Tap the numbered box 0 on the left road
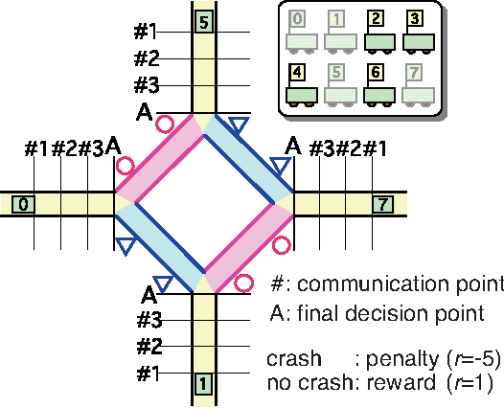point(23,204)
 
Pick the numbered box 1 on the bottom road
point(202,384)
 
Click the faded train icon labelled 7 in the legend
point(419,82)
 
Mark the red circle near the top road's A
point(165,124)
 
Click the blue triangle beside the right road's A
point(280,166)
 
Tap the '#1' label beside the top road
point(147,32)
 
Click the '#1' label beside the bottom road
point(147,374)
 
